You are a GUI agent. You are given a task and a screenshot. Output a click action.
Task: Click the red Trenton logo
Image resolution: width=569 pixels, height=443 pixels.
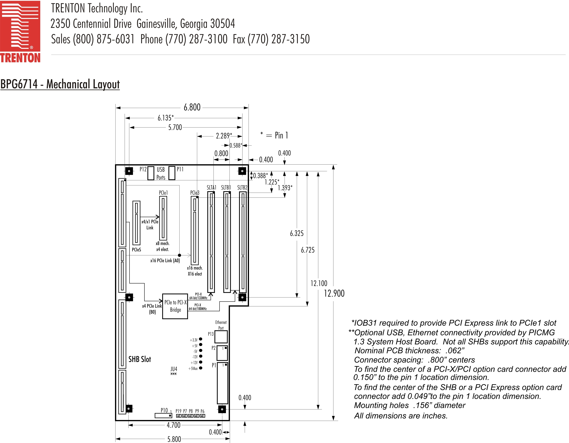click(x=20, y=31)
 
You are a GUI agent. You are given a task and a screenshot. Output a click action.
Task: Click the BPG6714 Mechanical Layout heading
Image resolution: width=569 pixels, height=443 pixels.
click(x=60, y=84)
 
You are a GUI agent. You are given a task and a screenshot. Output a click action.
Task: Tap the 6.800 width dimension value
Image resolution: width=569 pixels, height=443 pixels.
click(x=192, y=107)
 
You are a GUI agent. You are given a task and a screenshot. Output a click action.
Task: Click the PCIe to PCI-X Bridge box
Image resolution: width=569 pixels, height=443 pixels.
click(x=175, y=306)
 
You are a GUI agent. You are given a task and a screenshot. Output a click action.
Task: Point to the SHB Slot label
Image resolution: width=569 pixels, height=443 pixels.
click(x=140, y=359)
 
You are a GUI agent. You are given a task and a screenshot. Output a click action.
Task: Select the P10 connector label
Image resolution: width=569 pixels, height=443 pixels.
click(x=164, y=411)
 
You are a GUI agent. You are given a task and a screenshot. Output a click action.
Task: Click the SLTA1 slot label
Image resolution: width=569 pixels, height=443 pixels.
click(x=211, y=187)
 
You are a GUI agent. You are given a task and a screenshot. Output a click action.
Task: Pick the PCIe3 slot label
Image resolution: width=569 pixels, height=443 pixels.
click(x=195, y=193)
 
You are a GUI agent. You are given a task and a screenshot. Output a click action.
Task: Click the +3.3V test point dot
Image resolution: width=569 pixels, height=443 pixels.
click(x=201, y=339)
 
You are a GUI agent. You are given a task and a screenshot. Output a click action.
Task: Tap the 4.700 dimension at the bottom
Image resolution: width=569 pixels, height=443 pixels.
click(x=173, y=425)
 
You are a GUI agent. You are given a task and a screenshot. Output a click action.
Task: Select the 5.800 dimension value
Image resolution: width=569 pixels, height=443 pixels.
click(x=174, y=439)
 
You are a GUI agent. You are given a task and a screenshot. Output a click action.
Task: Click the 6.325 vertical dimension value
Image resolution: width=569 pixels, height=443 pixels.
click(x=297, y=233)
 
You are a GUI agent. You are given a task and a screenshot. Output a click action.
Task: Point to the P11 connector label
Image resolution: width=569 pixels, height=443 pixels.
click(x=180, y=169)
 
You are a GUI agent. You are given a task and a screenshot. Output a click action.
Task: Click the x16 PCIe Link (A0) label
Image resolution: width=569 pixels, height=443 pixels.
click(x=165, y=260)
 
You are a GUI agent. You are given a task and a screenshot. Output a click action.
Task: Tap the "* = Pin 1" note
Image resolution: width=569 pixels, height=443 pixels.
click(x=274, y=135)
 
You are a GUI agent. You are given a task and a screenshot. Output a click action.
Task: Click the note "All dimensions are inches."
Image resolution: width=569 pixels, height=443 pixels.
click(x=401, y=416)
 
